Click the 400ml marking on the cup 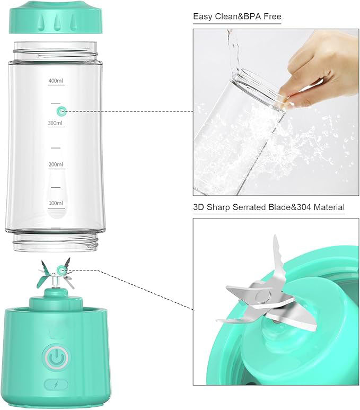(x=56, y=81)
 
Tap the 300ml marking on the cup (x=56, y=123)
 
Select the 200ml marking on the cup (x=56, y=164)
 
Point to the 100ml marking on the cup (x=56, y=203)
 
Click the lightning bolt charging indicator (x=56, y=385)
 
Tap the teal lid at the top (x=56, y=17)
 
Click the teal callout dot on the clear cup (x=62, y=111)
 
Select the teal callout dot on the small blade (x=62, y=269)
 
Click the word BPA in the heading (x=253, y=16)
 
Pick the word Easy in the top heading (x=203, y=17)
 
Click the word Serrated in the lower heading (x=249, y=207)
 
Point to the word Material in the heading (x=329, y=207)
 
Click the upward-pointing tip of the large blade (x=275, y=235)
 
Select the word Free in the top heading (x=273, y=16)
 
